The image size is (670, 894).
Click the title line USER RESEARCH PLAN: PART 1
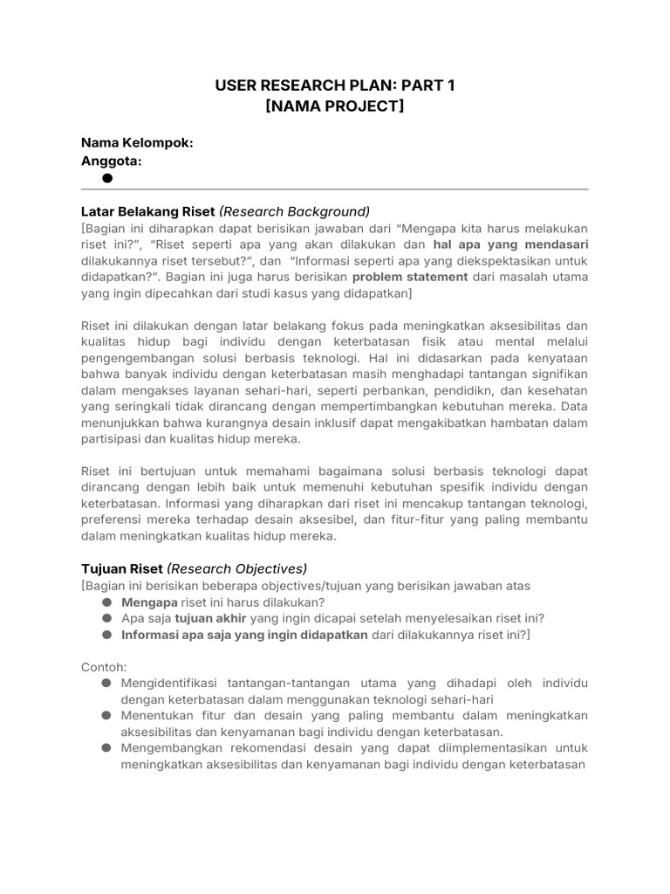pos(335,85)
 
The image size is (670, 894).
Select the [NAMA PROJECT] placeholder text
pos(335,106)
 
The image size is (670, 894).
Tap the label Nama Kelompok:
pos(137,142)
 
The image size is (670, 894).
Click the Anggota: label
pos(112,161)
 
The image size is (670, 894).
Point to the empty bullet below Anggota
pos(107,178)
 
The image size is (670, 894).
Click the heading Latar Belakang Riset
pos(147,211)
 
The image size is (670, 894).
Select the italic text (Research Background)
pos(294,211)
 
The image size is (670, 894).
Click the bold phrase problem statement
pos(410,277)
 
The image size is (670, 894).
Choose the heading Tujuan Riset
pos(121,568)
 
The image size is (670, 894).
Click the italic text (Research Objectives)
pos(236,568)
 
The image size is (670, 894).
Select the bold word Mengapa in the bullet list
pos(149,602)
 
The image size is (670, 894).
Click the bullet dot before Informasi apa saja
pos(106,635)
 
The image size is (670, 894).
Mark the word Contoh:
pos(104,667)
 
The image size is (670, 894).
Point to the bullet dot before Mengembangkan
pos(106,748)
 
